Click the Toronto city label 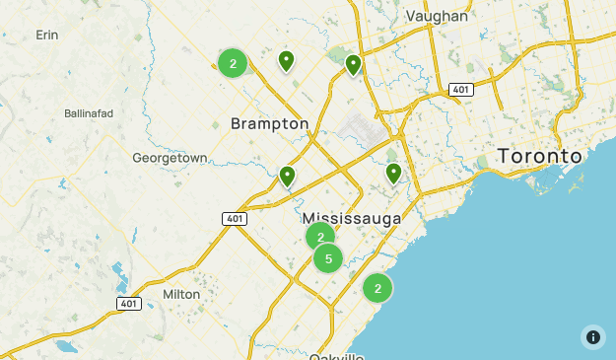point(540,156)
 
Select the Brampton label point(269,123)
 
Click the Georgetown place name point(170,158)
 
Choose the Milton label point(181,294)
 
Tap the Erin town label point(47,35)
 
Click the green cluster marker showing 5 point(328,258)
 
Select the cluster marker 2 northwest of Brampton point(233,64)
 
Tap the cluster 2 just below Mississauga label point(320,237)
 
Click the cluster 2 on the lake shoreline point(377,288)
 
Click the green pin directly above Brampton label point(286,61)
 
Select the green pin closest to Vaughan point(353,65)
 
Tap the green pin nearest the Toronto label point(393,174)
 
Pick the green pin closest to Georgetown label point(287,177)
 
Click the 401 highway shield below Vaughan point(459,90)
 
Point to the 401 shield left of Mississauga point(234,218)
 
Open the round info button point(592,336)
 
